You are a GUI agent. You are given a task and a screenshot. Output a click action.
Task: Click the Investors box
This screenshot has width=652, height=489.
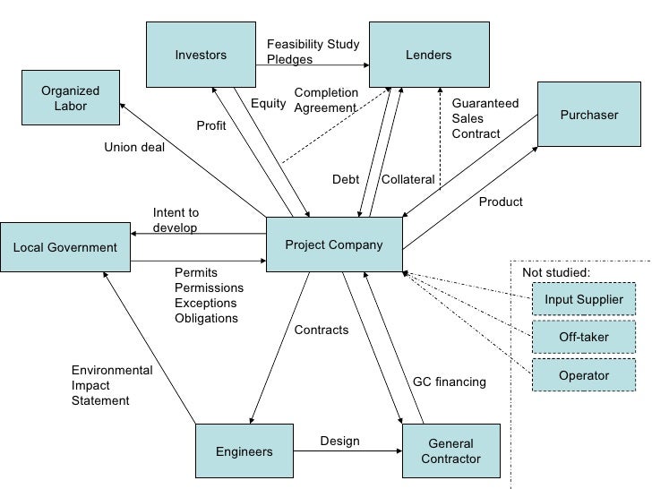pos(202,56)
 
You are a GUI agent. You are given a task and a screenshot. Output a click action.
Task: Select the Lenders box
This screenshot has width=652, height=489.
pos(429,56)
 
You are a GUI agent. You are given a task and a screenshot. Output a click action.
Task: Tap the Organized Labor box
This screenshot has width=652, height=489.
pos(71,99)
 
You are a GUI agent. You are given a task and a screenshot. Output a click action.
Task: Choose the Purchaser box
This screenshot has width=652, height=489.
pos(588,115)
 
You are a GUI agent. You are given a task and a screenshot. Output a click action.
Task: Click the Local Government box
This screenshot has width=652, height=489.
pos(64,248)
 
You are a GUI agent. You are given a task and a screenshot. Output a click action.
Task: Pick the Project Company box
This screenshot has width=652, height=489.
pos(334,245)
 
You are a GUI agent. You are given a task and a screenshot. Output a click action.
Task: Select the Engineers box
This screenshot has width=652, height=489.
pos(244,451)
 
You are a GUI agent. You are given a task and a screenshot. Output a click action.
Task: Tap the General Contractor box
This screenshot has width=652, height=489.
pos(450,451)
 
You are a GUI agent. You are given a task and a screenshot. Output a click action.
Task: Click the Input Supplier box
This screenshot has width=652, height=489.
pos(583,300)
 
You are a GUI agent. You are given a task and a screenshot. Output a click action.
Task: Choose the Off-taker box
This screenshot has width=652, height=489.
pos(583,338)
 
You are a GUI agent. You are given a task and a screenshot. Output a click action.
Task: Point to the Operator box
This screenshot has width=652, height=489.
pos(583,375)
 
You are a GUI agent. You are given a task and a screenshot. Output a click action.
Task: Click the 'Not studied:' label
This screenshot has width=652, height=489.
pos(556,272)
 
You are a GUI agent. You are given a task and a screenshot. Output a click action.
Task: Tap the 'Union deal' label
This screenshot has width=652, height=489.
pos(134,148)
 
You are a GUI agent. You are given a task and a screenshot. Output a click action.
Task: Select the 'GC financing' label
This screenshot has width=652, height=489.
pos(449,382)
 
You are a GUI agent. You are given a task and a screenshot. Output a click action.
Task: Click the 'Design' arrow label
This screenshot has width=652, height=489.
pos(339,441)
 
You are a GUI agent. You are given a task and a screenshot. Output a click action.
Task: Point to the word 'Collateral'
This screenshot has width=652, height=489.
pos(408,180)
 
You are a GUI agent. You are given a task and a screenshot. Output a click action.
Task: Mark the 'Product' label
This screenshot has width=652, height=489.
pos(501,202)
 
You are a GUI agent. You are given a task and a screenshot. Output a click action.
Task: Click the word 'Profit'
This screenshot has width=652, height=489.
pos(211,126)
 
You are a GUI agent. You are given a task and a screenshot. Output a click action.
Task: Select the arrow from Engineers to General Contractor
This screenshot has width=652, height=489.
pos(349,451)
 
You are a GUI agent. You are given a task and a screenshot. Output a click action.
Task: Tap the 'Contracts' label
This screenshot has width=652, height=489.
pos(322,330)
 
